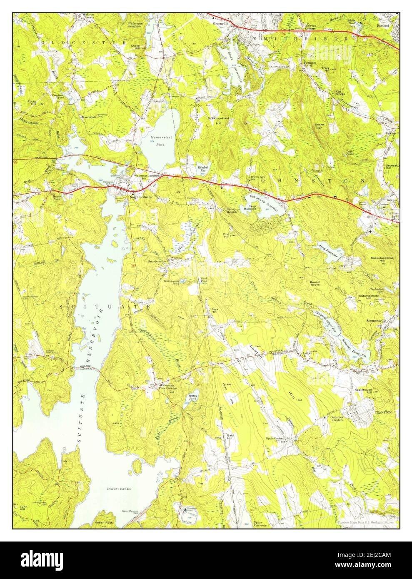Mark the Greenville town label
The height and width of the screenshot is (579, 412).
[221, 24]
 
